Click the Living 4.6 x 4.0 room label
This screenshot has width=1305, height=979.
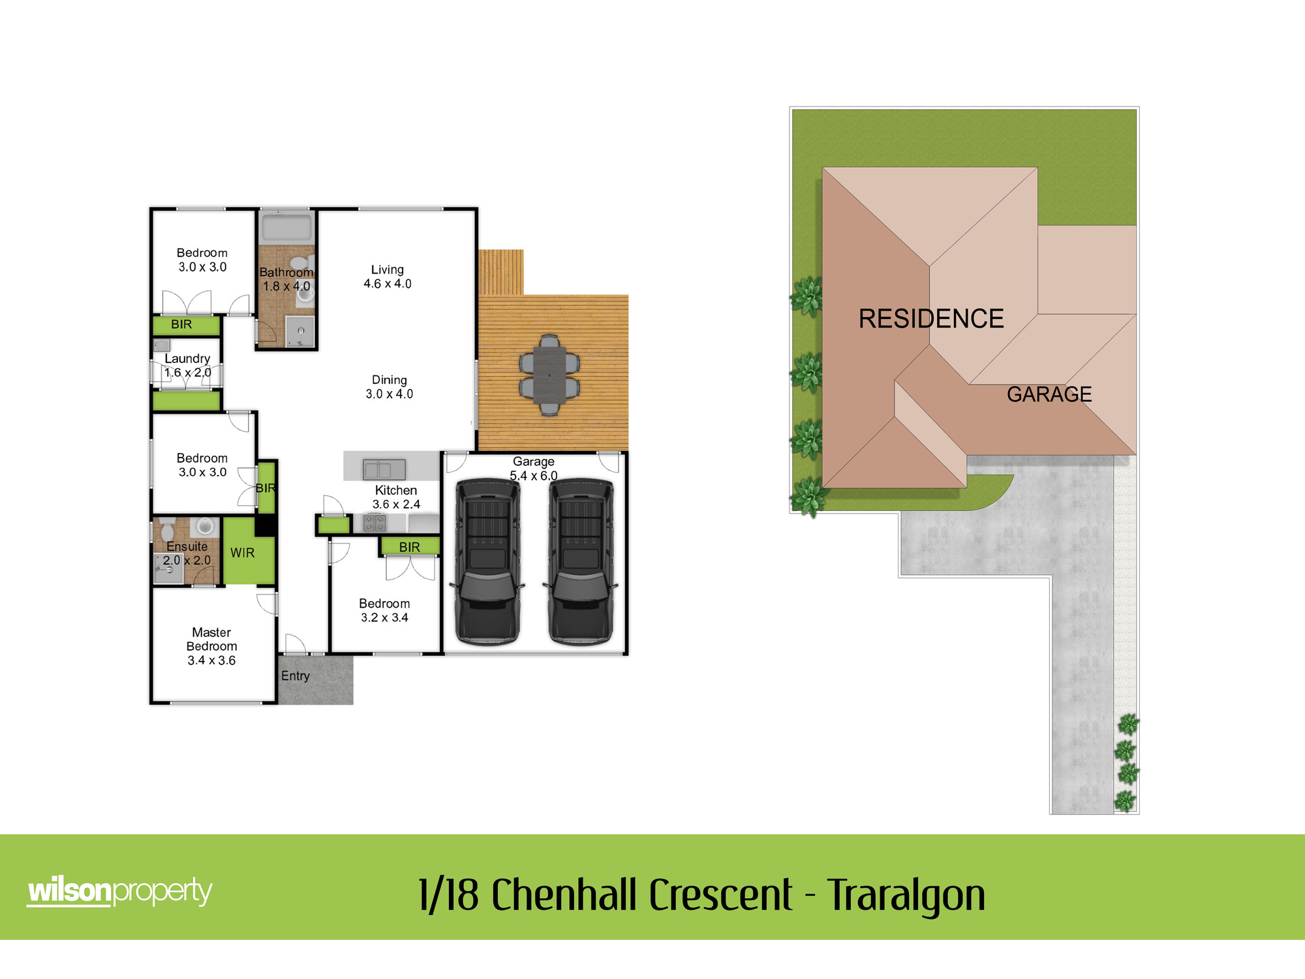click(388, 277)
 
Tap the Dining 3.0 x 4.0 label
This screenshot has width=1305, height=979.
click(390, 387)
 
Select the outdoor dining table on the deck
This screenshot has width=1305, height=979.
click(549, 375)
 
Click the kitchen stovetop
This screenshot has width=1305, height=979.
click(375, 522)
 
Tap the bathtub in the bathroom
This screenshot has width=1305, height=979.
click(286, 228)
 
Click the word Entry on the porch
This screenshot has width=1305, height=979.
click(296, 676)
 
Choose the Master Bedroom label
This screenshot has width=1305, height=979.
click(211, 646)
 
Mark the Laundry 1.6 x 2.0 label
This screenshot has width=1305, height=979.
click(187, 365)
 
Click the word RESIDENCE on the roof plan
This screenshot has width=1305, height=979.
click(931, 319)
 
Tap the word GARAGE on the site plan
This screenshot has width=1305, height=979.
click(1049, 394)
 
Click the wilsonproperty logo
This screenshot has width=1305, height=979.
click(120, 892)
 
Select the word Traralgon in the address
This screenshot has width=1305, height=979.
click(906, 895)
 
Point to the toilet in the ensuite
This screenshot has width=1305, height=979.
click(167, 529)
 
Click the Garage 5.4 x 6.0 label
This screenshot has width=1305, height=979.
click(534, 469)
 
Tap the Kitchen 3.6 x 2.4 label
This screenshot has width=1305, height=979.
click(396, 497)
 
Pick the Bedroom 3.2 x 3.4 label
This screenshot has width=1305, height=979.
click(384, 611)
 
